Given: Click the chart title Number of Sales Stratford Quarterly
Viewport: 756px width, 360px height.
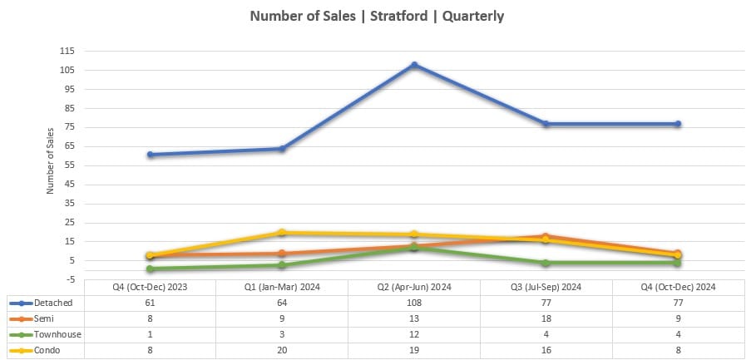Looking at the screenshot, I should coord(378,16).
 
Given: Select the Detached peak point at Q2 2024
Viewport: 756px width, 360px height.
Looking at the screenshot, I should coord(414,65).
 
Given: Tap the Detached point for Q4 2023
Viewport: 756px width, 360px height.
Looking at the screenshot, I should coord(150,155).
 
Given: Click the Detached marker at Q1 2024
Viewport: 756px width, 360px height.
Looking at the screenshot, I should coord(282,149).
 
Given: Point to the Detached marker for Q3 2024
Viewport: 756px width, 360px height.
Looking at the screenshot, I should coord(546,124).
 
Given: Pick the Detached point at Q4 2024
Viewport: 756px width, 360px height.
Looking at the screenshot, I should coord(678,124).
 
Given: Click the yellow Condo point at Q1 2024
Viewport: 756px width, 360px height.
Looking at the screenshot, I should coord(282,233).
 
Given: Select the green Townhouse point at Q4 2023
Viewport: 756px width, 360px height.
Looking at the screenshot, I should coord(150,269).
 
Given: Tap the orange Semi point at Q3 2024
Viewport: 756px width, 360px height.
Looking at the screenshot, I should coord(546,236).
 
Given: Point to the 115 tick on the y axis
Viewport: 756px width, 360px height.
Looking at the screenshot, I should coord(67,51).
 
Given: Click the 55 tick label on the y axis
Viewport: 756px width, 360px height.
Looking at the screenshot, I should coord(69,165).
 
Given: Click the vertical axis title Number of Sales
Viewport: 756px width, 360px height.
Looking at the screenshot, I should coord(50,160).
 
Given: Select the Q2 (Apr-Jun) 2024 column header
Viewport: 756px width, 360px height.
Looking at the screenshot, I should coord(414,287).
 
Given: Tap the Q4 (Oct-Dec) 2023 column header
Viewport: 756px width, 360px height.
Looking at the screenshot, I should coord(150,287).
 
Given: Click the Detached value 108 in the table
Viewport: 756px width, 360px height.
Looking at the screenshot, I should coord(414,303).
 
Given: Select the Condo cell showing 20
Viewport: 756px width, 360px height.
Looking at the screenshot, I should coord(282,351).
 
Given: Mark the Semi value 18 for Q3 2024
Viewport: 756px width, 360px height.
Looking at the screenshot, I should coord(546,318).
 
